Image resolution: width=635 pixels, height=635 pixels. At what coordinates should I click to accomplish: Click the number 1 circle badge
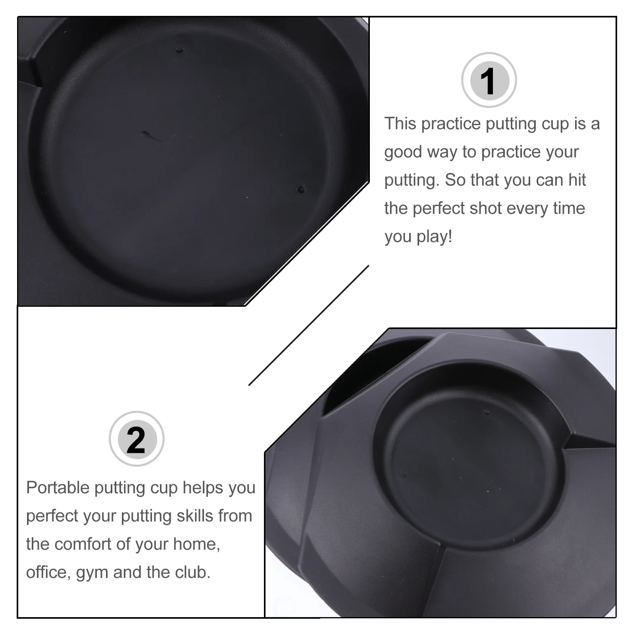pyautogui.click(x=489, y=80)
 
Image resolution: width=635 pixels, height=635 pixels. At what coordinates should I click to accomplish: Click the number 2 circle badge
pyautogui.click(x=137, y=439)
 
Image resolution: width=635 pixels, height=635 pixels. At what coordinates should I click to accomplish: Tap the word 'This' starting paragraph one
pyautogui.click(x=400, y=123)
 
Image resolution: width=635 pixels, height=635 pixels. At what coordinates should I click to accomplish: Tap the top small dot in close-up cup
pyautogui.click(x=180, y=50)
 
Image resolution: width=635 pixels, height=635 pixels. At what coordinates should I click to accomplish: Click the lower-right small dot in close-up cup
pyautogui.click(x=301, y=189)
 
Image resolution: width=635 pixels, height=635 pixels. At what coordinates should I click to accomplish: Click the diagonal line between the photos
pyautogui.click(x=309, y=325)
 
